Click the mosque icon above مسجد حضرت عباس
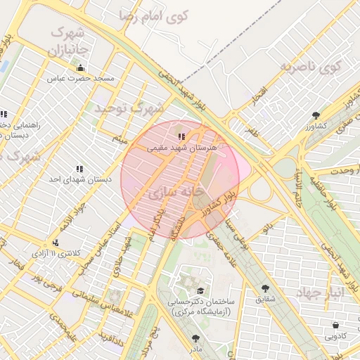point(80,68)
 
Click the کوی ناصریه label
point(310,68)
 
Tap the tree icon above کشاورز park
point(316,115)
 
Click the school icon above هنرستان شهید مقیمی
point(181,136)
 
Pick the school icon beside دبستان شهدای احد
point(79,169)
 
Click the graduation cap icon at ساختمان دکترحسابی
point(200,290)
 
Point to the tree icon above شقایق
point(265,288)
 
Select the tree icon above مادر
point(195,338)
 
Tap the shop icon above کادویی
point(335,326)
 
